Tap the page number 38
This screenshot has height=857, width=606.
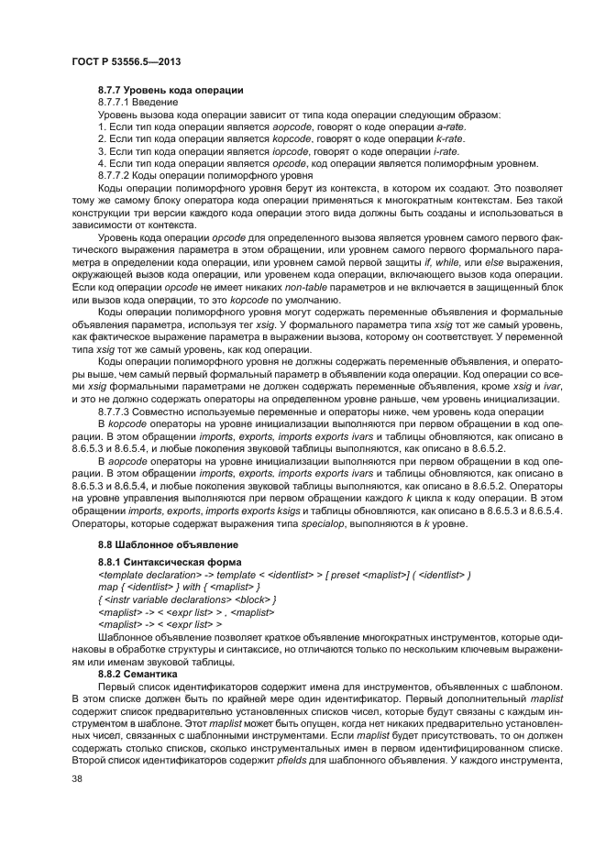(77, 780)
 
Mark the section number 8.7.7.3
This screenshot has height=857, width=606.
(113, 412)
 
